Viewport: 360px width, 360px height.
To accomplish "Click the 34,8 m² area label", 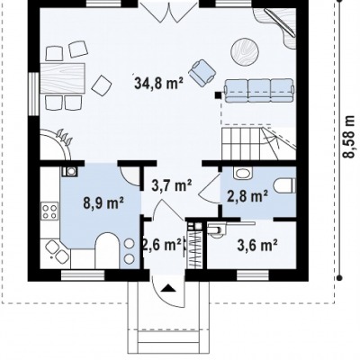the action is [158, 83].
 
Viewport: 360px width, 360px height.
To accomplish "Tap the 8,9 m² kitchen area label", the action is [103, 203].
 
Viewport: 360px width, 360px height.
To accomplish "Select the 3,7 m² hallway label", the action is [172, 185].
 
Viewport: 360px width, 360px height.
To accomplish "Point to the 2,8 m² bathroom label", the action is [247, 196].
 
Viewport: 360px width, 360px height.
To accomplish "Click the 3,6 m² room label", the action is [257, 246].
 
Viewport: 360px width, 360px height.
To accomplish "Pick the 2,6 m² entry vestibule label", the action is [162, 245].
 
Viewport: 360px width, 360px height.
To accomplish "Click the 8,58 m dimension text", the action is [348, 137].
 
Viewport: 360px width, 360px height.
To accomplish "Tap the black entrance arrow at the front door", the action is [168, 288].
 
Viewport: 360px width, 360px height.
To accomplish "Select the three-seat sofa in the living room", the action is [258, 91].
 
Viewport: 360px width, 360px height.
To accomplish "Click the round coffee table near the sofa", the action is [245, 51].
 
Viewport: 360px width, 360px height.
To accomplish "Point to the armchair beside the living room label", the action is [202, 72].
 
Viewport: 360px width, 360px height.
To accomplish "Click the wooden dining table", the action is [62, 78].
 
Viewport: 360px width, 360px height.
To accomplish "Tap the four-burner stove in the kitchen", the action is [49, 211].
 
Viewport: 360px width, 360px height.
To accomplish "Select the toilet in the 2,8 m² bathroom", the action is [284, 185].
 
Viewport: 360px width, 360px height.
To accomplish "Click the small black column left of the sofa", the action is [218, 95].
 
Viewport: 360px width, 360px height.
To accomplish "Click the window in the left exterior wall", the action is [34, 94].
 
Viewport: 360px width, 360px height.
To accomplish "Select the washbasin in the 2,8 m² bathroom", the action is [243, 173].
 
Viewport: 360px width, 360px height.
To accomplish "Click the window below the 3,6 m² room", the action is [252, 275].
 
